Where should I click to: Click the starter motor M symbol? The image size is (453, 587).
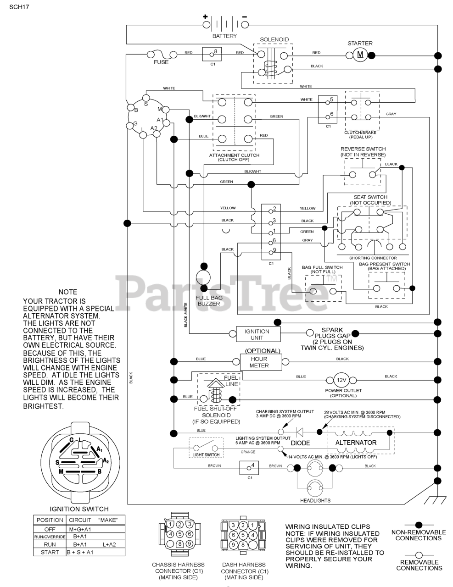[x=360, y=55]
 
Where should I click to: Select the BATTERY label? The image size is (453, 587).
[x=224, y=36]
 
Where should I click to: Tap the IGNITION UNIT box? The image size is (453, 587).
[x=257, y=334]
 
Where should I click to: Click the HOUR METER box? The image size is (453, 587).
[x=259, y=362]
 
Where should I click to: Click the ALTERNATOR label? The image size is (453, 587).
[x=356, y=443]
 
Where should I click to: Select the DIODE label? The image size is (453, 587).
[x=300, y=443]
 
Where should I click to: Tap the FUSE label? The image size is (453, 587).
[x=161, y=62]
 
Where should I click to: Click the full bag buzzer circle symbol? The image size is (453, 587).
[x=202, y=277]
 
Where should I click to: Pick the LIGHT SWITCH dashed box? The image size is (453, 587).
[x=206, y=448]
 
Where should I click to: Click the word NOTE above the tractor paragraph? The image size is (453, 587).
[x=68, y=292]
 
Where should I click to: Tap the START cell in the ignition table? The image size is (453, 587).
[x=50, y=552]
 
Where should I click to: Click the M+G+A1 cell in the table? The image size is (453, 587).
[x=80, y=529]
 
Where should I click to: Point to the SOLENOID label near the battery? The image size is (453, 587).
[x=274, y=40]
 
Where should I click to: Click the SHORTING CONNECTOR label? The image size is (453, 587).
[x=373, y=258]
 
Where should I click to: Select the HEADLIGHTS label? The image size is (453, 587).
[x=315, y=500]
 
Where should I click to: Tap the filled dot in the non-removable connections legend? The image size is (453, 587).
[x=419, y=524]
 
